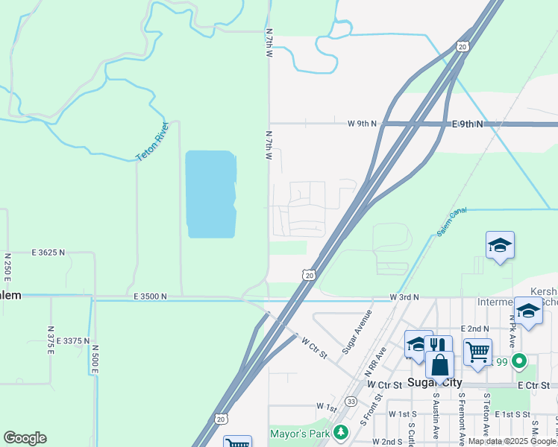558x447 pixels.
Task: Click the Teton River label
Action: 154,142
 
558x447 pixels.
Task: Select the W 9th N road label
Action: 363,124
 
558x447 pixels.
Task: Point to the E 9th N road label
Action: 468,124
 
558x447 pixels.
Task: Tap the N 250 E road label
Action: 7,267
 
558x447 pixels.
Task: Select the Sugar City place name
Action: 436,383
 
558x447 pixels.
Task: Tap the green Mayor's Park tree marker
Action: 341,432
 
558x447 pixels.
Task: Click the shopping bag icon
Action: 440,365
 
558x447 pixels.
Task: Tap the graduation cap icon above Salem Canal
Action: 500,244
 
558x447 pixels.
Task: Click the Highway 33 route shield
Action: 351,401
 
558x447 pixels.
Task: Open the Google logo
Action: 25,438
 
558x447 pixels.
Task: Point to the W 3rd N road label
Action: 404,297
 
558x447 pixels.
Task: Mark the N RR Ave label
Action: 375,360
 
